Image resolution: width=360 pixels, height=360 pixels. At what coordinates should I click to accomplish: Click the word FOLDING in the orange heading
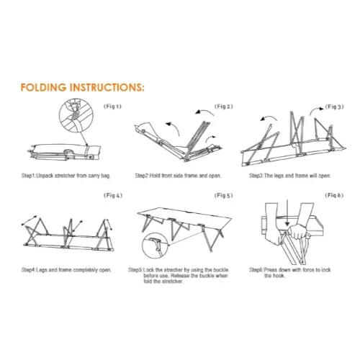click(43, 87)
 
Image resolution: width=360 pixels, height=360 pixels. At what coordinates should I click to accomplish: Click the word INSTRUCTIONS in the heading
click(107, 87)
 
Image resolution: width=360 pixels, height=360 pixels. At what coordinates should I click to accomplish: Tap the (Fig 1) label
click(112, 107)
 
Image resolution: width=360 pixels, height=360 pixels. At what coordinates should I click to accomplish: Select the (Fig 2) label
click(223, 107)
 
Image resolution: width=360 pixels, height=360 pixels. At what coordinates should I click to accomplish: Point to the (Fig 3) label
click(334, 107)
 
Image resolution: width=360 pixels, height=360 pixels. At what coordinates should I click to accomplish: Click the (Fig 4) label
click(113, 195)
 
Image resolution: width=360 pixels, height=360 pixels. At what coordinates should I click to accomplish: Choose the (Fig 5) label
click(223, 195)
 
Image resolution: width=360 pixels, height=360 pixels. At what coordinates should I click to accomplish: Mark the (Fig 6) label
click(334, 195)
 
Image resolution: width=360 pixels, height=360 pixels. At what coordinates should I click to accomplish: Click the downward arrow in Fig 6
click(287, 213)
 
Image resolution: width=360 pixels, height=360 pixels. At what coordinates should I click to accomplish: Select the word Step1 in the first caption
click(28, 176)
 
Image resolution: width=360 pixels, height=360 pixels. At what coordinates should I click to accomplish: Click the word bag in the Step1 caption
click(106, 176)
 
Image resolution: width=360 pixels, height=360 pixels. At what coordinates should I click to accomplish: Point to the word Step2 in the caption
click(142, 176)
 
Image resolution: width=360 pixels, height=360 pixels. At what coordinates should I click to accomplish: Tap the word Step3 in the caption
click(256, 176)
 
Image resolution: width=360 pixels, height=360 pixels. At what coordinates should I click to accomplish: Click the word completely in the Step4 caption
click(86, 270)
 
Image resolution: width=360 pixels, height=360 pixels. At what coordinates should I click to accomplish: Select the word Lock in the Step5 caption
click(148, 270)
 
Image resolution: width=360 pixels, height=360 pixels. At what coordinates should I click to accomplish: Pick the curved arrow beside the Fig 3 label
click(316, 111)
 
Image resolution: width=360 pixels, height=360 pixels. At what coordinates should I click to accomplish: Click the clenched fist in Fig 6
click(297, 231)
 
